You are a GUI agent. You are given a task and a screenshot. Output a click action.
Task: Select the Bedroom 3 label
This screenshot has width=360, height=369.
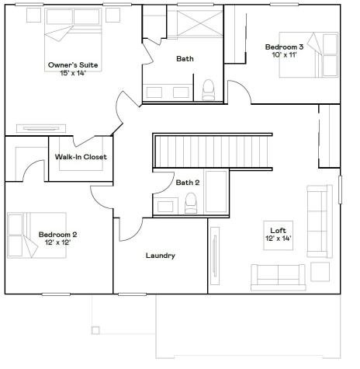coord(284,47)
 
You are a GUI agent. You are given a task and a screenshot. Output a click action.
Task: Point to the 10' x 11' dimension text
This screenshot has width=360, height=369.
coord(284,55)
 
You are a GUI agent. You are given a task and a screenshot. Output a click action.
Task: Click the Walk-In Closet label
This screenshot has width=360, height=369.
coord(81,157)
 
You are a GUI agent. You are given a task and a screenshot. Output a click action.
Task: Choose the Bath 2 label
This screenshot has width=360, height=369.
coord(188,183)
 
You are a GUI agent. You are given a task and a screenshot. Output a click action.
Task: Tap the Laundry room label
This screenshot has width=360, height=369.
coord(160,256)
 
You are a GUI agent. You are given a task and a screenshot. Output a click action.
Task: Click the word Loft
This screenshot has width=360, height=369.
coord(278,230)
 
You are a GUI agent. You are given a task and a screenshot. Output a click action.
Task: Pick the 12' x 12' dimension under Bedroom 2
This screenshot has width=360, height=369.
coord(58,242)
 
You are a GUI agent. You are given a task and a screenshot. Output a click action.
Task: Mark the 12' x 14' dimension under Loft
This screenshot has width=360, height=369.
coord(278,238)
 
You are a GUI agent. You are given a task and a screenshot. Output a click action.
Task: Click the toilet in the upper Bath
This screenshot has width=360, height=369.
coord(208,92)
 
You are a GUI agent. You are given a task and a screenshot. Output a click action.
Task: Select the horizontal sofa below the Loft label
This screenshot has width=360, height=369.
coord(278,274)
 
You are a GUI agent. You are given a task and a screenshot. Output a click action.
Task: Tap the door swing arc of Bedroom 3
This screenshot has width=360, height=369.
coord(240,92)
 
